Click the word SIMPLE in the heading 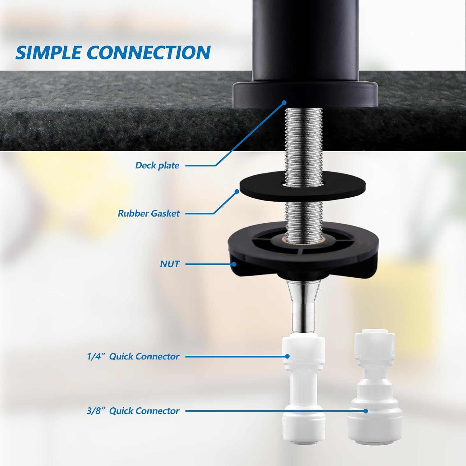pyautogui.click(x=48, y=52)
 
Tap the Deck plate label pyautogui.click(x=157, y=165)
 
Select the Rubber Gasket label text pyautogui.click(x=148, y=213)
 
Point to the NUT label pyautogui.click(x=170, y=264)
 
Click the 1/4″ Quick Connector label pyautogui.click(x=133, y=356)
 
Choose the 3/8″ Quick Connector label pyautogui.click(x=133, y=411)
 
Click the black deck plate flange pyautogui.click(x=305, y=95)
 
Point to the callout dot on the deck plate pyautogui.click(x=284, y=103)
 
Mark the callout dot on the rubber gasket pyautogui.click(x=237, y=192)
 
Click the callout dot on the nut pyautogui.click(x=234, y=264)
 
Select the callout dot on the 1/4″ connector pyautogui.click(x=288, y=356)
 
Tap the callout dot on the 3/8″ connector pyautogui.click(x=366, y=411)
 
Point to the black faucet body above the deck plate pyautogui.click(x=305, y=40)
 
